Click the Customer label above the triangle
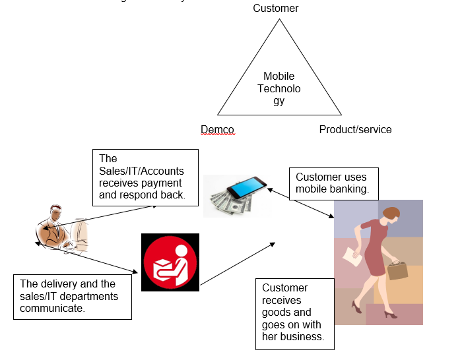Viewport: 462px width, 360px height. point(276,9)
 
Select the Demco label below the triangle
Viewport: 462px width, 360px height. point(217,129)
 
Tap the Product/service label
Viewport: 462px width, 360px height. point(355,129)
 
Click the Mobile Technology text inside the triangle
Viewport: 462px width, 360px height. point(279,88)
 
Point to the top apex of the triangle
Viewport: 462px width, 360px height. point(279,19)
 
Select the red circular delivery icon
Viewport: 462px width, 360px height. point(170,262)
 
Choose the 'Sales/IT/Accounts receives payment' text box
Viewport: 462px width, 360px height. point(145,177)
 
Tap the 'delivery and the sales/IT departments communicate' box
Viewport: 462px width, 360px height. point(73,297)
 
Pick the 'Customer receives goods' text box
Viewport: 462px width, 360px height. point(294,313)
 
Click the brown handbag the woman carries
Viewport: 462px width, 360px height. point(398,270)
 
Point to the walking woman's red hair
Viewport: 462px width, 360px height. point(391,214)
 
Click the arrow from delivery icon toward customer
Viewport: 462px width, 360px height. point(238,264)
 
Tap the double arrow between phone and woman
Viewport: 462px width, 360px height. point(301,202)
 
